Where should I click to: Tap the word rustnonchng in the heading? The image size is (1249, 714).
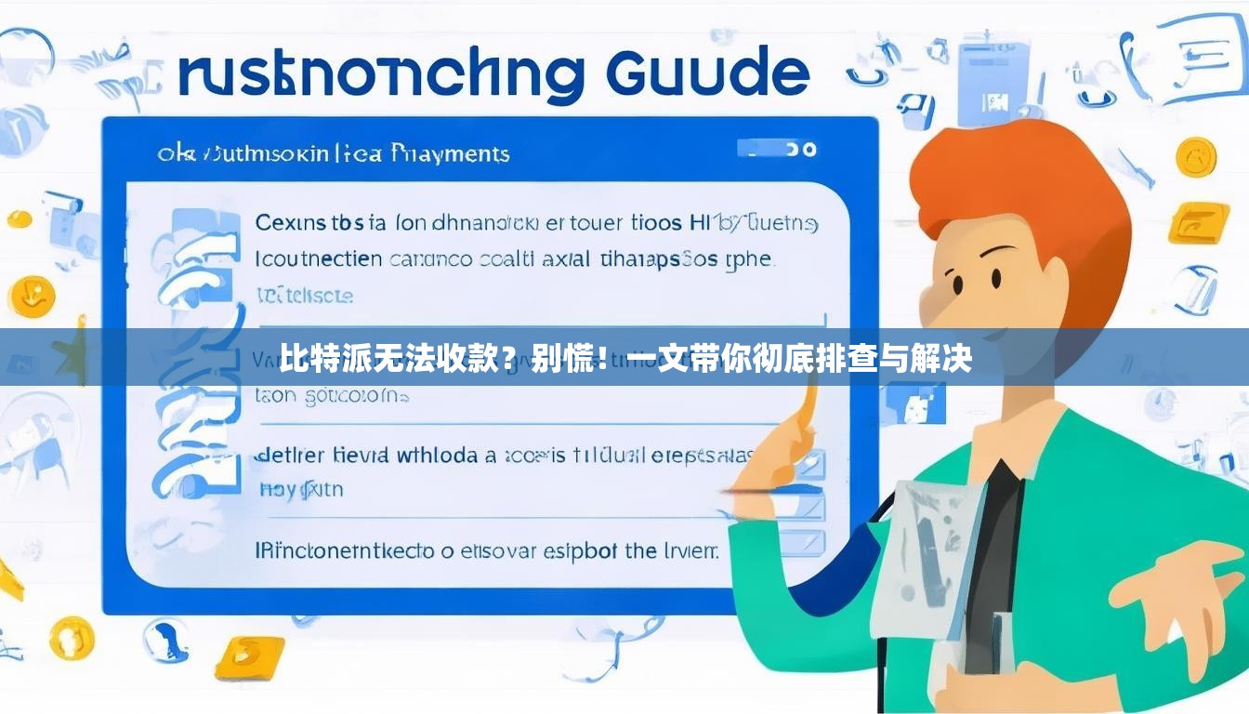tap(380, 76)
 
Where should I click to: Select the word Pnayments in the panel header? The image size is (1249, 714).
tap(451, 152)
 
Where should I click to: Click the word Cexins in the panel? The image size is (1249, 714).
tap(290, 224)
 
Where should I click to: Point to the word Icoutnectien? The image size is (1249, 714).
tap(318, 258)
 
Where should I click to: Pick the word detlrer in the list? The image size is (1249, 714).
tap(289, 456)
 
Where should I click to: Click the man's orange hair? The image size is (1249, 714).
tap(1022, 186)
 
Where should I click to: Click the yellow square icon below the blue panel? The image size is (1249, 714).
tap(249, 656)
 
